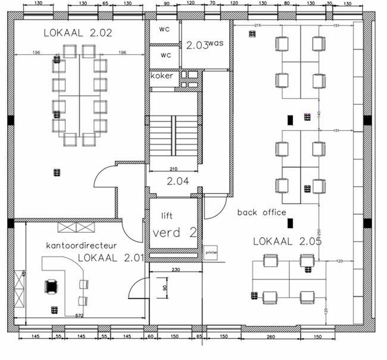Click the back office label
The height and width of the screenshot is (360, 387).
(x=262, y=212)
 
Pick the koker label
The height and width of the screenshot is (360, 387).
(x=161, y=76)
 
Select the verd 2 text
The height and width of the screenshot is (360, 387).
(x=174, y=233)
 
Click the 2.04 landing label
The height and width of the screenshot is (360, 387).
(x=177, y=181)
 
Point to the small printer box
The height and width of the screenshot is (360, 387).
(x=211, y=251)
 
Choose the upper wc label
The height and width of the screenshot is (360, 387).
(x=166, y=29)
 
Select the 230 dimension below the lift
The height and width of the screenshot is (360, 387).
(x=176, y=270)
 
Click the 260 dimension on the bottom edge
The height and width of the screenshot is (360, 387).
(x=270, y=337)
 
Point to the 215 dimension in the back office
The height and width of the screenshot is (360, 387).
(x=258, y=26)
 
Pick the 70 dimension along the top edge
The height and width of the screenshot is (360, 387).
(x=211, y=4)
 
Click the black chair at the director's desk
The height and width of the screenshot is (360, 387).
(x=51, y=286)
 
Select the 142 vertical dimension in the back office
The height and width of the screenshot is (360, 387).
(x=319, y=113)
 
